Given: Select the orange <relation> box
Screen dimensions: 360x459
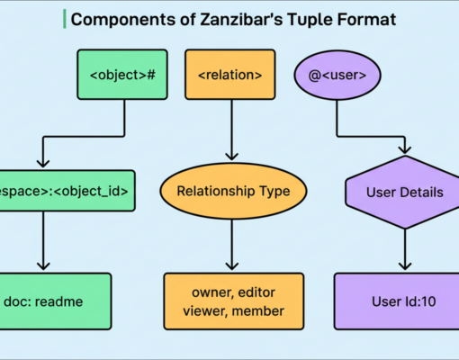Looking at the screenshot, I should click(231, 74).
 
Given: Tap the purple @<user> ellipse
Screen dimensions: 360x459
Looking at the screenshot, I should click(337, 74).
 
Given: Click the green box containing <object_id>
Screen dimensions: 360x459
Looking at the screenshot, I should click(67, 191).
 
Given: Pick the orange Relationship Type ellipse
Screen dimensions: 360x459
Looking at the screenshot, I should click(232, 191).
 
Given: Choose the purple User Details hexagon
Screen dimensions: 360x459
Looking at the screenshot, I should click(404, 191).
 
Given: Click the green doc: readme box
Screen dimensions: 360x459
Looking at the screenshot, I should click(55, 301).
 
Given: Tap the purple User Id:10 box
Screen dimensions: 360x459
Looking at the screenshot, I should click(404, 301).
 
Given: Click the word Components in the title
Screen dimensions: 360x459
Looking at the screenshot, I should click(112, 19).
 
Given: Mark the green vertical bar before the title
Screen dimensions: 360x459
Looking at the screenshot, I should click(64, 19).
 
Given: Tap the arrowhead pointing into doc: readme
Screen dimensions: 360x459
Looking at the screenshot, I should click(41, 265).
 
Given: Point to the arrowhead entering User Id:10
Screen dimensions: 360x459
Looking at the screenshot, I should click(404, 265).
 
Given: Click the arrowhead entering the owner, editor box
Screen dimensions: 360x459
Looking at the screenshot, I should click(232, 265).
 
